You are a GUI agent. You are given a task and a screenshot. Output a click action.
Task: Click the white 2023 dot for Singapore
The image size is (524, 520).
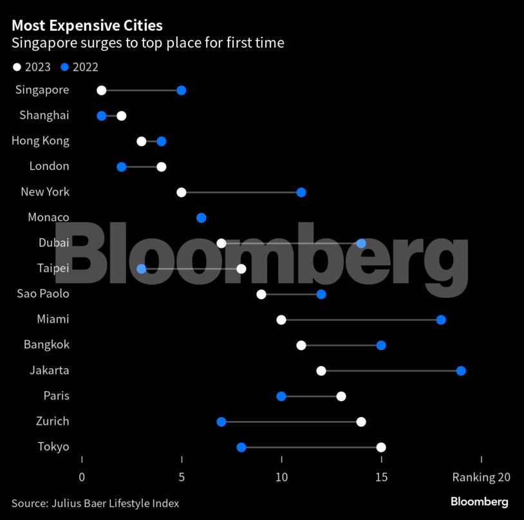(101, 90)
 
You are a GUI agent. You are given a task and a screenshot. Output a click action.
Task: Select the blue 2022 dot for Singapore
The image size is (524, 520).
(181, 90)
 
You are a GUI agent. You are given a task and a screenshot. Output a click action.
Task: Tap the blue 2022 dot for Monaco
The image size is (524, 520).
(201, 218)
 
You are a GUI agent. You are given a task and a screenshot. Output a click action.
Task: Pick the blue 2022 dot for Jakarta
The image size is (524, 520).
(461, 371)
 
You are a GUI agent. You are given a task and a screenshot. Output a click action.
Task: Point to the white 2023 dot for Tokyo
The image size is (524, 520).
(381, 447)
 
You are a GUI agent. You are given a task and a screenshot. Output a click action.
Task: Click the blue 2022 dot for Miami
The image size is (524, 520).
(441, 320)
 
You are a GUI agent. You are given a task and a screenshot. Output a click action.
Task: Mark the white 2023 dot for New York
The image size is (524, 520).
(182, 192)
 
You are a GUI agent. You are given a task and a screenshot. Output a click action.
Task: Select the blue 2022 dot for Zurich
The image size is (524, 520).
(221, 422)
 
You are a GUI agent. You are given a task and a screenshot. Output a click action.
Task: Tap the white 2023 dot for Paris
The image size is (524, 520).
(341, 396)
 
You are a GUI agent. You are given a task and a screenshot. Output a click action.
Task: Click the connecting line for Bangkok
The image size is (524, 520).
(341, 346)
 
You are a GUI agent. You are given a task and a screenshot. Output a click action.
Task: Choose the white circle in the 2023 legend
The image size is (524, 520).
(17, 67)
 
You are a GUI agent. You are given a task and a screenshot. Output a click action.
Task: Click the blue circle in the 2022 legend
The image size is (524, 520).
(64, 67)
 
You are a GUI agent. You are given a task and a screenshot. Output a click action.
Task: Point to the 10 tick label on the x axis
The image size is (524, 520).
(281, 478)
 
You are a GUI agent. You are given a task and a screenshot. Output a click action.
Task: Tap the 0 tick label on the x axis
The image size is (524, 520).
(82, 478)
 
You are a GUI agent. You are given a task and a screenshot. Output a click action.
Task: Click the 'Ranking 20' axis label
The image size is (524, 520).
(481, 478)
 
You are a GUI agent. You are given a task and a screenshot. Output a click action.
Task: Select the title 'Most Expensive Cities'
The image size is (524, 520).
(87, 26)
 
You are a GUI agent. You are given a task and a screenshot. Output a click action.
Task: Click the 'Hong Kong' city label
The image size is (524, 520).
(41, 141)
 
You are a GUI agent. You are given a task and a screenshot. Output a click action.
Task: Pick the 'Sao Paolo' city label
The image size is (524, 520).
(43, 294)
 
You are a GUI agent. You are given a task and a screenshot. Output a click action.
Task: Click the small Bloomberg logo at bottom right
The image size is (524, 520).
(479, 502)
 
